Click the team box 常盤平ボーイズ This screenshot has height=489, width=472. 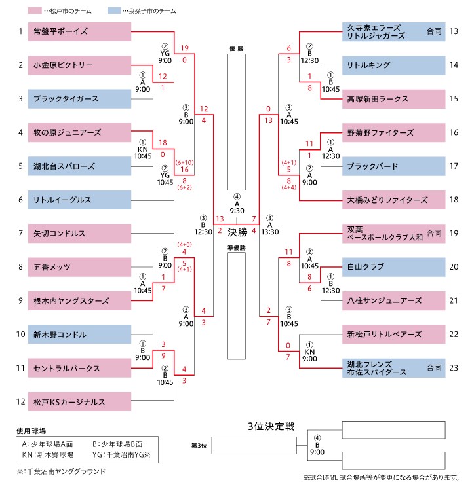coord(79,31)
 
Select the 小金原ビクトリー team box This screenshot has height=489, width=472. coord(79,65)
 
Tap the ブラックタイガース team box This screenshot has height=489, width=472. coord(79,98)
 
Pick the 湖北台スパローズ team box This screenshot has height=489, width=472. coord(79,166)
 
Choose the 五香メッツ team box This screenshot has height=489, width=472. coord(79,267)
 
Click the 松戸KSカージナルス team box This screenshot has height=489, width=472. coord(79,401)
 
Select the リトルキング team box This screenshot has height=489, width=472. coord(394,65)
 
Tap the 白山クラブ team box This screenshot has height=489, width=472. coord(394,267)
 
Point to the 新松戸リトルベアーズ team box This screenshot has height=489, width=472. coord(394,334)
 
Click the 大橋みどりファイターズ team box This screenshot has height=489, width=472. coord(394,199)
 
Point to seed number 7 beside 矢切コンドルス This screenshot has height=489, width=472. coord(20,233)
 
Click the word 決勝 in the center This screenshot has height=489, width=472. coord(237,231)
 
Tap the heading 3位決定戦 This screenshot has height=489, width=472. coord(271,427)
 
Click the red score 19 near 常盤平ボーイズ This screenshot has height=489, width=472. coord(185,48)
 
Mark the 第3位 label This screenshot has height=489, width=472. coord(199,446)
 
